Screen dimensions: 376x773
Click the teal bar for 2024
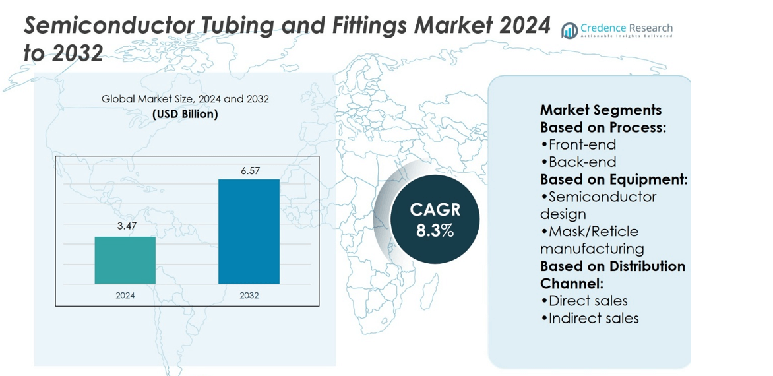pos(125,260)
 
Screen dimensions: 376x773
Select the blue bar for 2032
pos(249,232)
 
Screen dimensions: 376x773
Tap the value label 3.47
pos(125,227)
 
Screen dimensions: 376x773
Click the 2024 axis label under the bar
pos(125,295)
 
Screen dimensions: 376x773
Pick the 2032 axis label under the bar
pos(249,295)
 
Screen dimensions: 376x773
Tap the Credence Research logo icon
pos(569,30)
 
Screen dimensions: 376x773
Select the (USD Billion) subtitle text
pos(185,114)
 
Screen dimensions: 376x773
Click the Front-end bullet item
pos(578,144)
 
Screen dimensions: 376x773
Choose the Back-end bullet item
pos(578,162)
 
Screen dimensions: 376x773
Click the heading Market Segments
pos(601,110)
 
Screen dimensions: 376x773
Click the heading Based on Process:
pos(603,127)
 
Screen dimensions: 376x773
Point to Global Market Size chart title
pos(185,98)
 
